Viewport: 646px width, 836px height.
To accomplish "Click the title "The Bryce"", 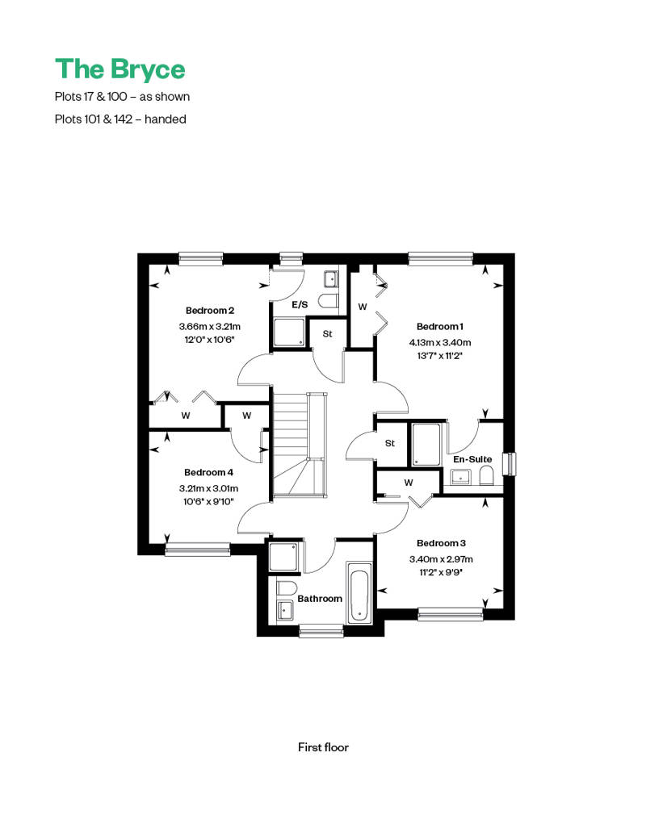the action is [x=120, y=70].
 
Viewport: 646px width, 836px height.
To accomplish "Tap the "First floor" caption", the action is [x=323, y=747].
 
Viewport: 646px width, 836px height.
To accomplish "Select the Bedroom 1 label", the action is [x=440, y=326].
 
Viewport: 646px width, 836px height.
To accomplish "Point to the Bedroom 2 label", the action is [x=210, y=311].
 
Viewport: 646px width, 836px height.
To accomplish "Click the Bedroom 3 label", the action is [x=441, y=543].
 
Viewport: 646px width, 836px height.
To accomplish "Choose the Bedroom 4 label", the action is [x=208, y=472].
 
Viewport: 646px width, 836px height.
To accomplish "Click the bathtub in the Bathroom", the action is [x=359, y=592].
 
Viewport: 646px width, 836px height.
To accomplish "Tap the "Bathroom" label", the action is [x=320, y=599].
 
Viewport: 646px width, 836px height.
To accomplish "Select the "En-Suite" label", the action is [x=472, y=459].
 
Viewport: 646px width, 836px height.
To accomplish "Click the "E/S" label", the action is [x=300, y=305].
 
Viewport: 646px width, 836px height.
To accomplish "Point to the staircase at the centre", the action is [x=299, y=445].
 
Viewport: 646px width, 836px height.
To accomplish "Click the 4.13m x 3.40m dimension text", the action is [x=440, y=342].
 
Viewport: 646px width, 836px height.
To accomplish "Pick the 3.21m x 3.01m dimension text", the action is [x=208, y=488].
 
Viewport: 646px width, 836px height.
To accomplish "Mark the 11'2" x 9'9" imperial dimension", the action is [x=441, y=573].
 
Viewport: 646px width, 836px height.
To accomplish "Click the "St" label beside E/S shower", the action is [x=328, y=334].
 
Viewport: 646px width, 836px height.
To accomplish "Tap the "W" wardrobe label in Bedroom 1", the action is [x=363, y=307].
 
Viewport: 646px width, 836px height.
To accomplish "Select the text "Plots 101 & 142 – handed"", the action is [x=120, y=119].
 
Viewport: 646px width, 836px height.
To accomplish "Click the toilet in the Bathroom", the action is [x=287, y=588].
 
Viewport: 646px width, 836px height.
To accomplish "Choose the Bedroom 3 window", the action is [x=451, y=614].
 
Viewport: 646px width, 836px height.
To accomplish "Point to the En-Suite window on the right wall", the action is [x=511, y=463].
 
